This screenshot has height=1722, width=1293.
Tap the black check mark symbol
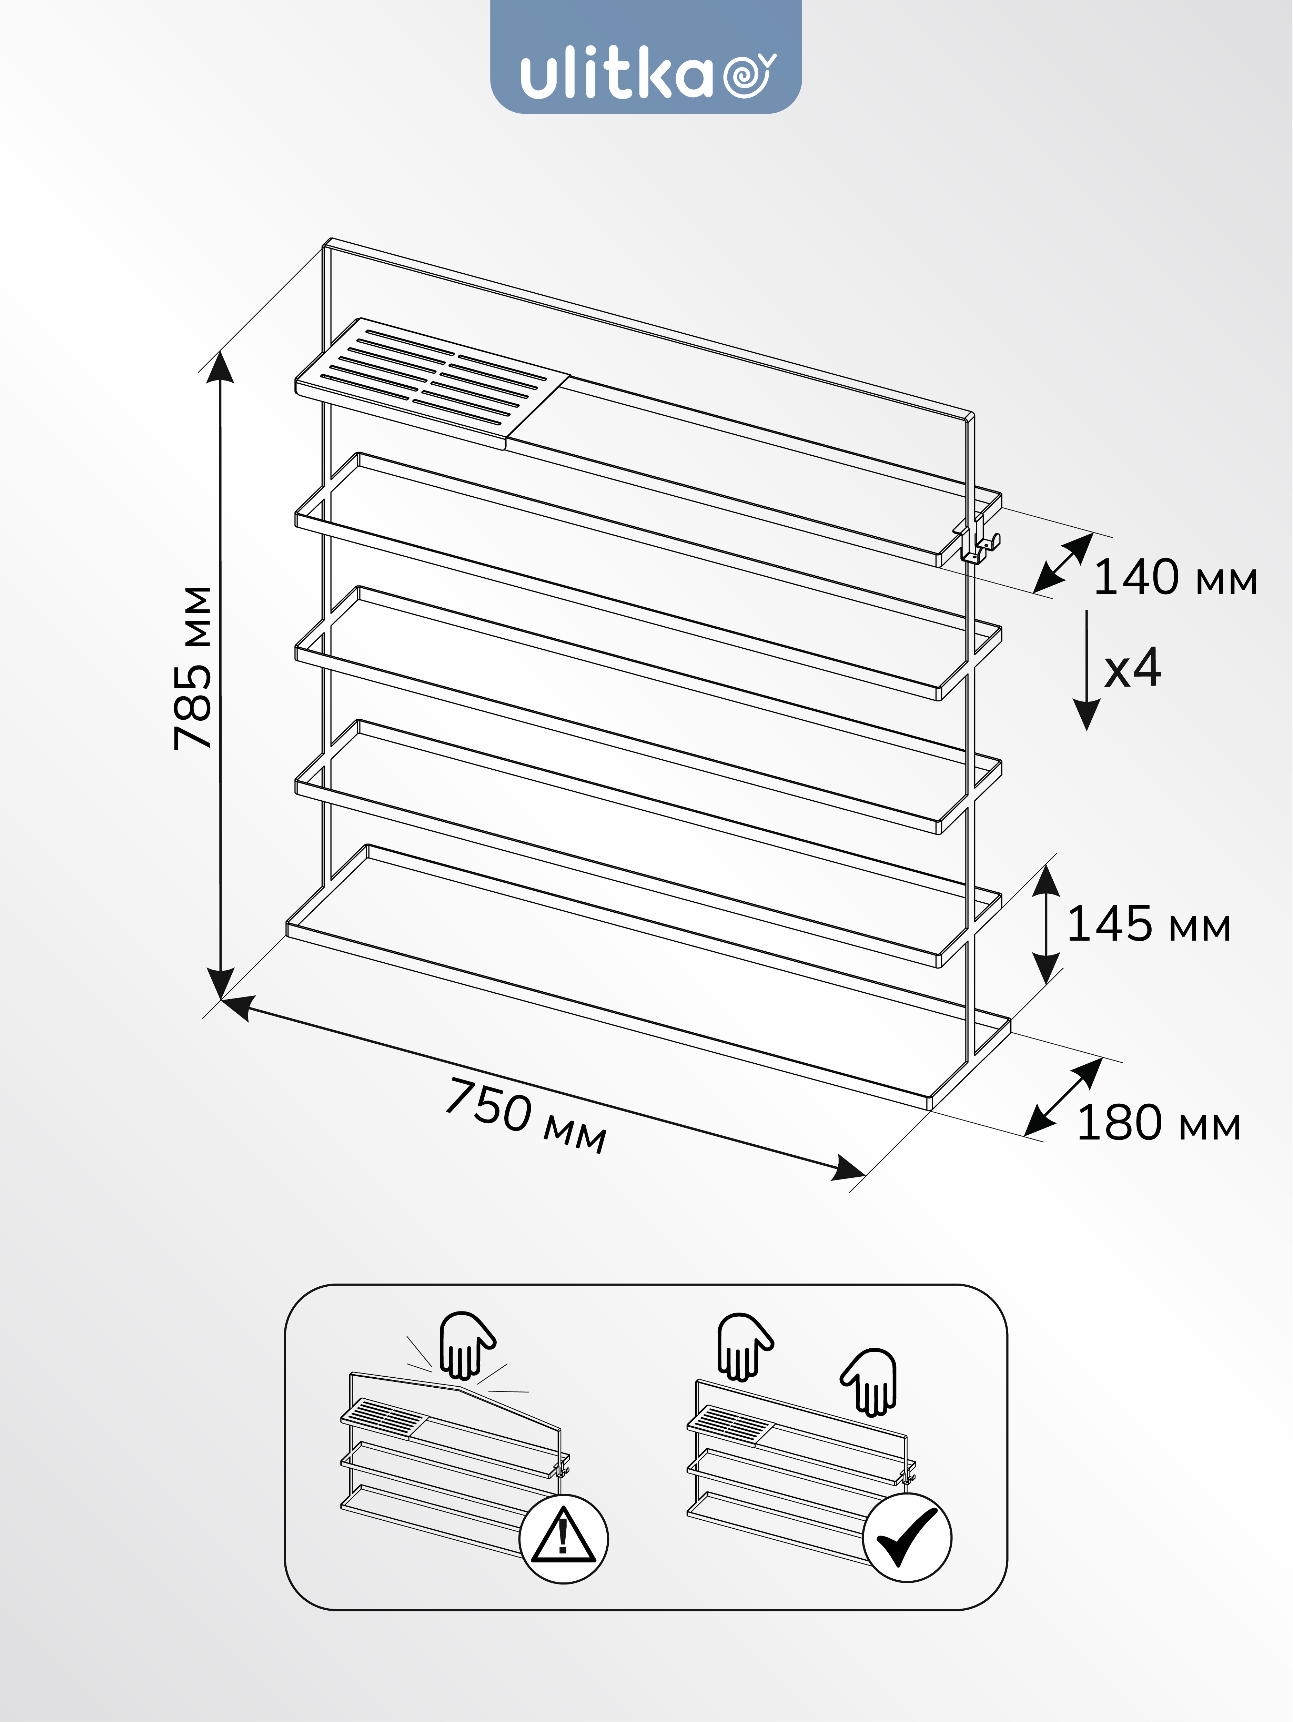tap(907, 1537)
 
